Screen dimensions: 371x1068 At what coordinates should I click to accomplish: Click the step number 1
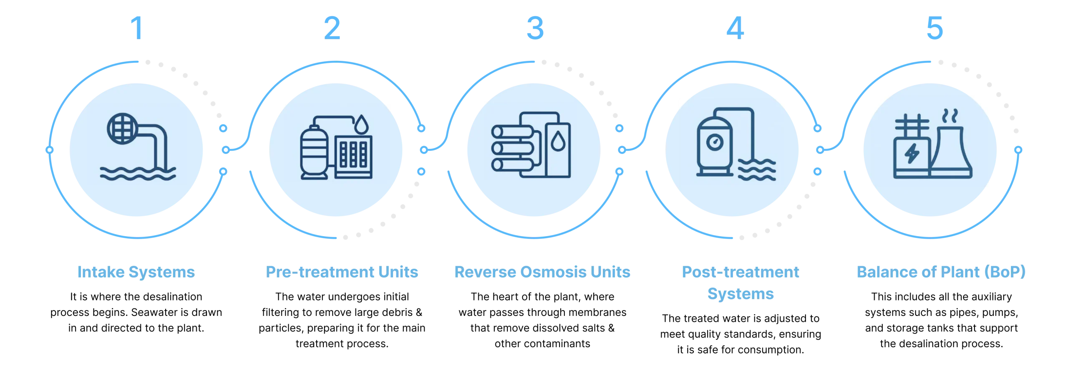138,28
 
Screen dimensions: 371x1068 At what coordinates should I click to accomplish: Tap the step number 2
332,28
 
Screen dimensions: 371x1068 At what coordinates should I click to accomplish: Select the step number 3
534,28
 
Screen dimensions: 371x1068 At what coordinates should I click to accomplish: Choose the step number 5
934,28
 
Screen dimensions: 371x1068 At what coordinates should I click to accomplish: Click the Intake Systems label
136,273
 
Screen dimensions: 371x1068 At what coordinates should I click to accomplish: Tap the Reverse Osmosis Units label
542,273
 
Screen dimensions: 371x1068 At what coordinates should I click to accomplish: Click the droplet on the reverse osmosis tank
557,141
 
